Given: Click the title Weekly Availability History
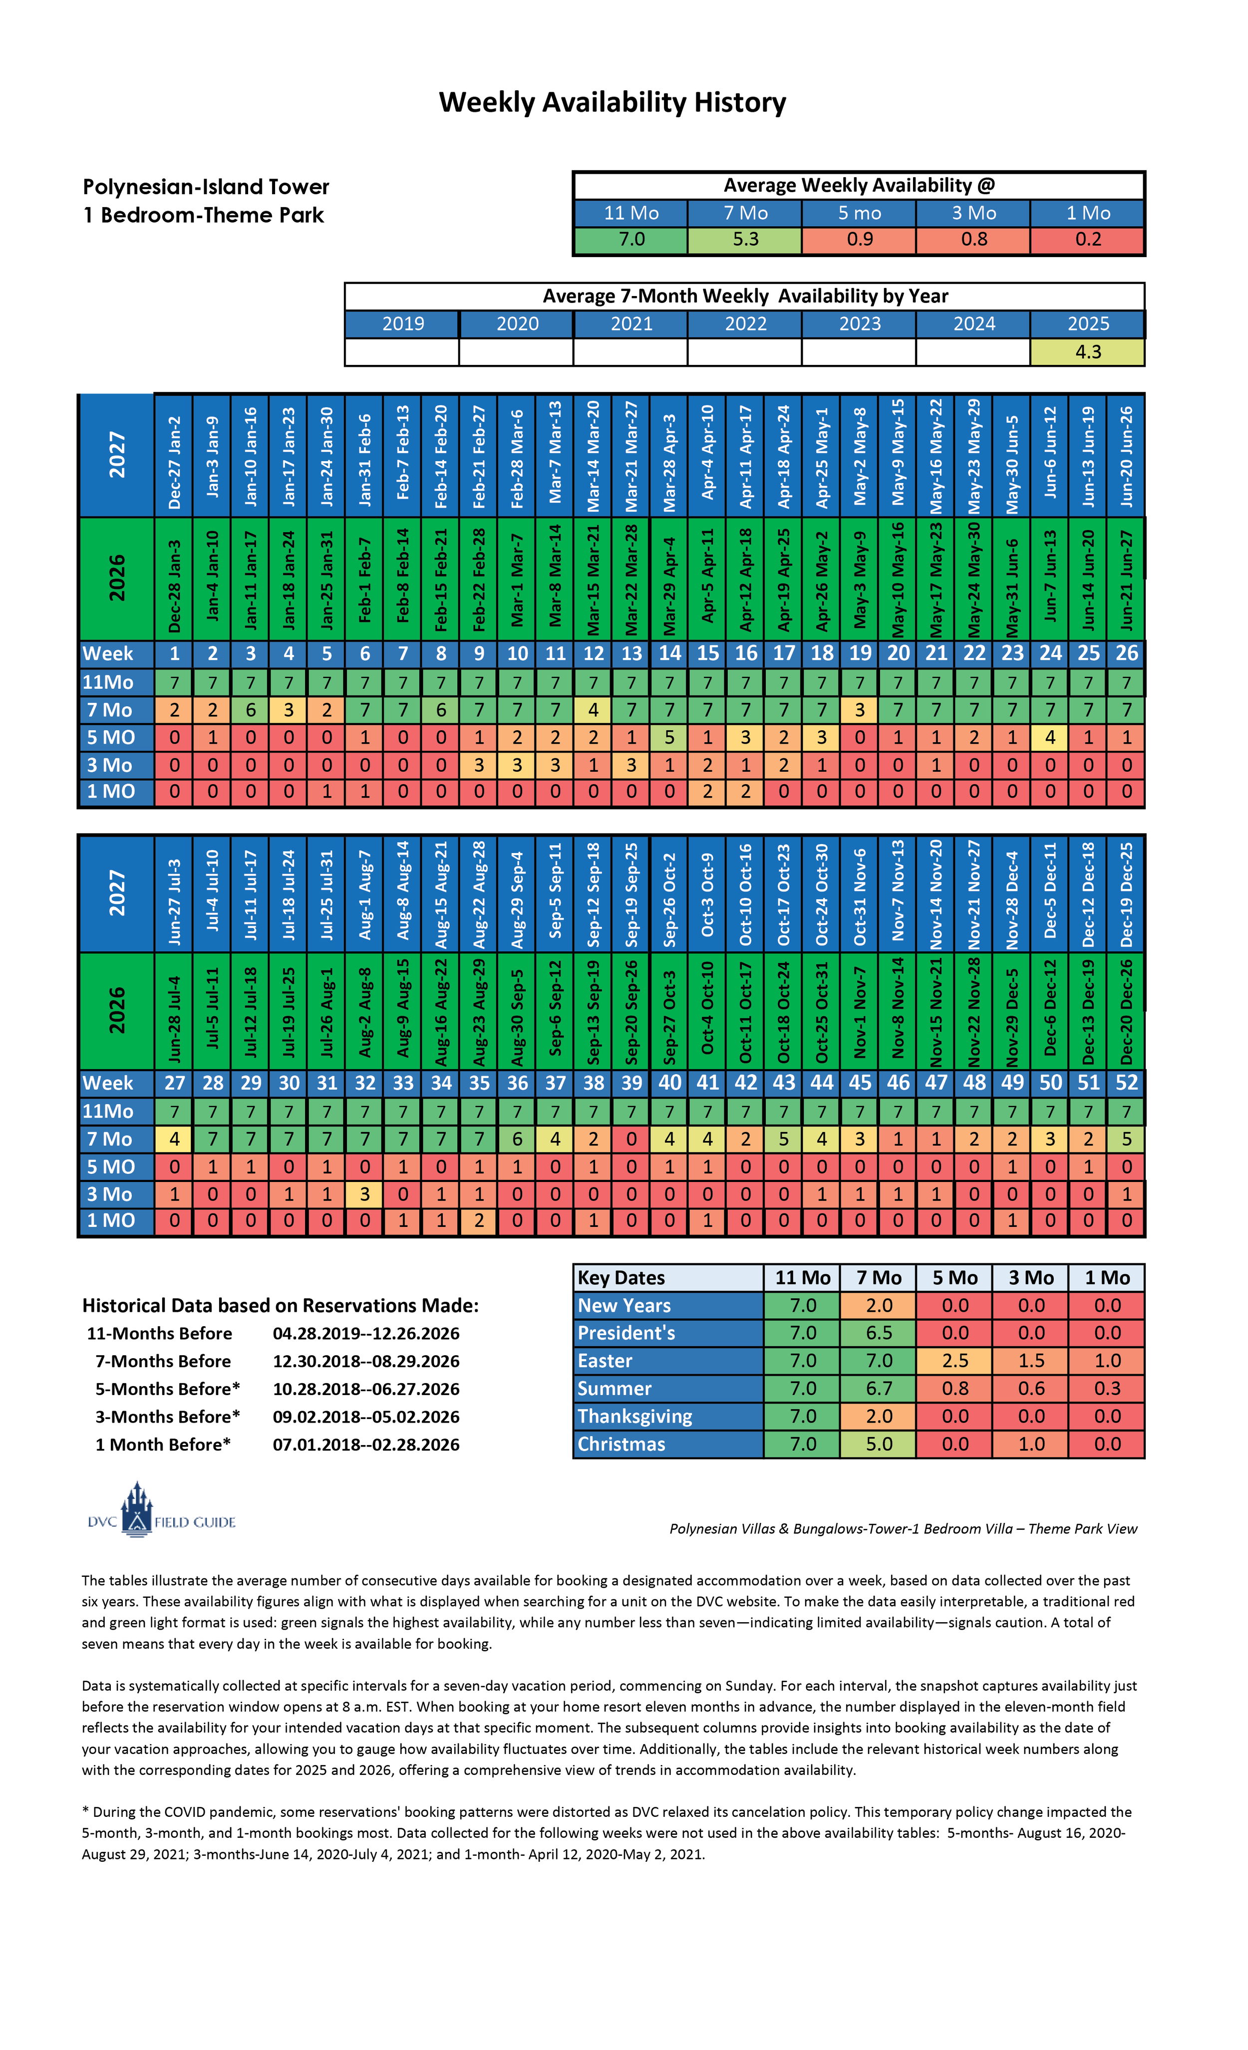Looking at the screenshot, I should tap(613, 102).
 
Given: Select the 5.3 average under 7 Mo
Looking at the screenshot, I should tap(745, 240).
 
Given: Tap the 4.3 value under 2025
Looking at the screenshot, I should tap(1087, 352).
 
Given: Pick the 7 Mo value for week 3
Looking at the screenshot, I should tap(251, 710).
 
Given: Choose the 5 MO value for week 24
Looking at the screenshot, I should tap(1050, 738).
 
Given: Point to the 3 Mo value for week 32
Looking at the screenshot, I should tap(364, 1195).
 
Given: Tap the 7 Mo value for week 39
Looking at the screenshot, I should tap(631, 1140).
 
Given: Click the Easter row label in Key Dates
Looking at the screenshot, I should tap(605, 1361).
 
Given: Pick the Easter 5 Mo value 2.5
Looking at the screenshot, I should tap(954, 1361).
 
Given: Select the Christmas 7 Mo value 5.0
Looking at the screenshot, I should tap(879, 1445).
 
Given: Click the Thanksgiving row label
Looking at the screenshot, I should tap(635, 1417).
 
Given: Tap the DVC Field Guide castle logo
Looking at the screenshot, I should tap(137, 1509).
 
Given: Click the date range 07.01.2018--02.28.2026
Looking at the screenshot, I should tap(366, 1445).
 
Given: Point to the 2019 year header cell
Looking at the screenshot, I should tap(403, 323).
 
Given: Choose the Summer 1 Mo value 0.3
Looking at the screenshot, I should tap(1107, 1389).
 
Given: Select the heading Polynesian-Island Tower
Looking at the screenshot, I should tap(206, 187).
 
